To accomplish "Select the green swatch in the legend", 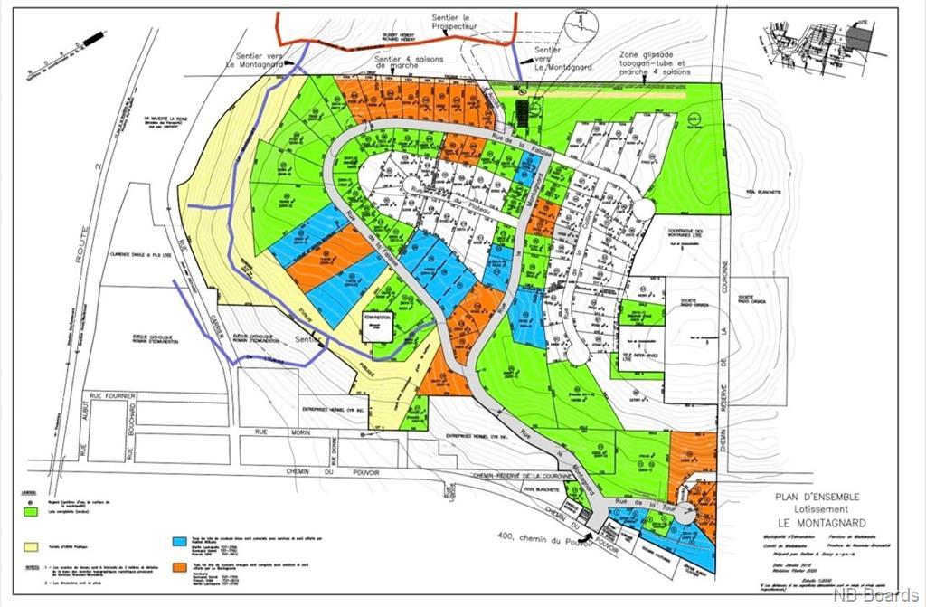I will click(32, 511).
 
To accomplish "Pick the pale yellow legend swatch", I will click(32, 546).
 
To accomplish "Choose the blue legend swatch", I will click(179, 540).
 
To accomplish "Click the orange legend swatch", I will click(179, 566).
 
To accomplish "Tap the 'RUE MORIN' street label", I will click(273, 432).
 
